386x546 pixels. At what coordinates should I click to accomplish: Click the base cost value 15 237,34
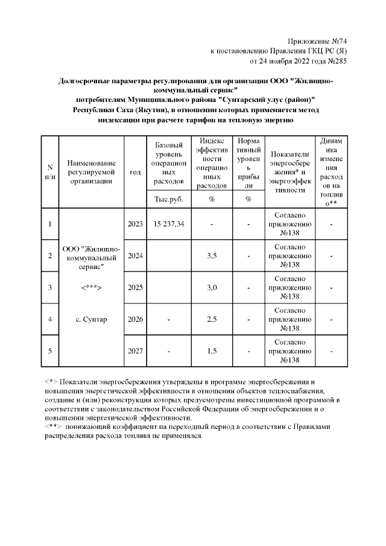click(x=169, y=224)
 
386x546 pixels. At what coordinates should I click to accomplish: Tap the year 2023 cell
click(x=135, y=224)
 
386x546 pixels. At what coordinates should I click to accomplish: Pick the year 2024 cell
click(x=135, y=256)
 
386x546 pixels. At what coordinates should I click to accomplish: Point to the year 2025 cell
click(x=135, y=287)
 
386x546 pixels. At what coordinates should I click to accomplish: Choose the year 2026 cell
click(x=135, y=319)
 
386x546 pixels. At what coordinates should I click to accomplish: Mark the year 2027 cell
click(x=135, y=351)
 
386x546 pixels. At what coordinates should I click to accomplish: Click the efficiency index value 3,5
click(x=212, y=256)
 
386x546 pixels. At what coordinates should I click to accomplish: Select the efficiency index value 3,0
click(x=212, y=287)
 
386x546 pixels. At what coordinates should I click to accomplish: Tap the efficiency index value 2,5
click(x=212, y=319)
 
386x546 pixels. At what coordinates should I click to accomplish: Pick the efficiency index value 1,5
click(x=212, y=351)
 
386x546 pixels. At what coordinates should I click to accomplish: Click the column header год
click(x=135, y=172)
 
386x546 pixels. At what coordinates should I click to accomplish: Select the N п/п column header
click(x=49, y=172)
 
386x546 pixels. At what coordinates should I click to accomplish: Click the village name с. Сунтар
click(x=91, y=319)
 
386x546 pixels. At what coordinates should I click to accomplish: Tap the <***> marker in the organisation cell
click(x=91, y=287)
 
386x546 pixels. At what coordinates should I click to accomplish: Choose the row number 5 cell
click(x=49, y=351)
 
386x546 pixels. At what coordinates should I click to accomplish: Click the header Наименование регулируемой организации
click(x=91, y=172)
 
